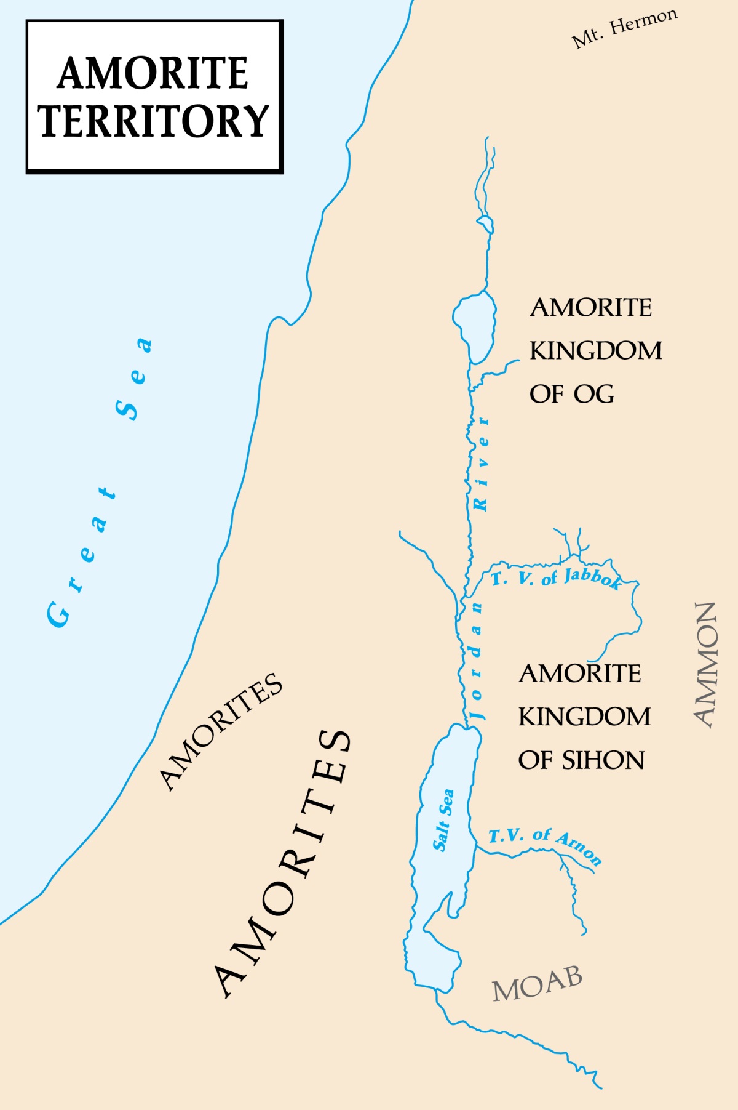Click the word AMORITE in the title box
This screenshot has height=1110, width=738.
[153, 73]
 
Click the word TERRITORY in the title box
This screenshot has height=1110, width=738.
[154, 121]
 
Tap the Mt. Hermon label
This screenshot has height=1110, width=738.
[624, 28]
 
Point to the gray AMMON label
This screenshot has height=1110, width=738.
[705, 665]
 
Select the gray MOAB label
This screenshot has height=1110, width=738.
[538, 983]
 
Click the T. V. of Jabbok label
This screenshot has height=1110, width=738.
[556, 579]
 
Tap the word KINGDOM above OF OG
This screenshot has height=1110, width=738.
[595, 351]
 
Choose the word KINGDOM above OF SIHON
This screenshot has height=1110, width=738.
[584, 717]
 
